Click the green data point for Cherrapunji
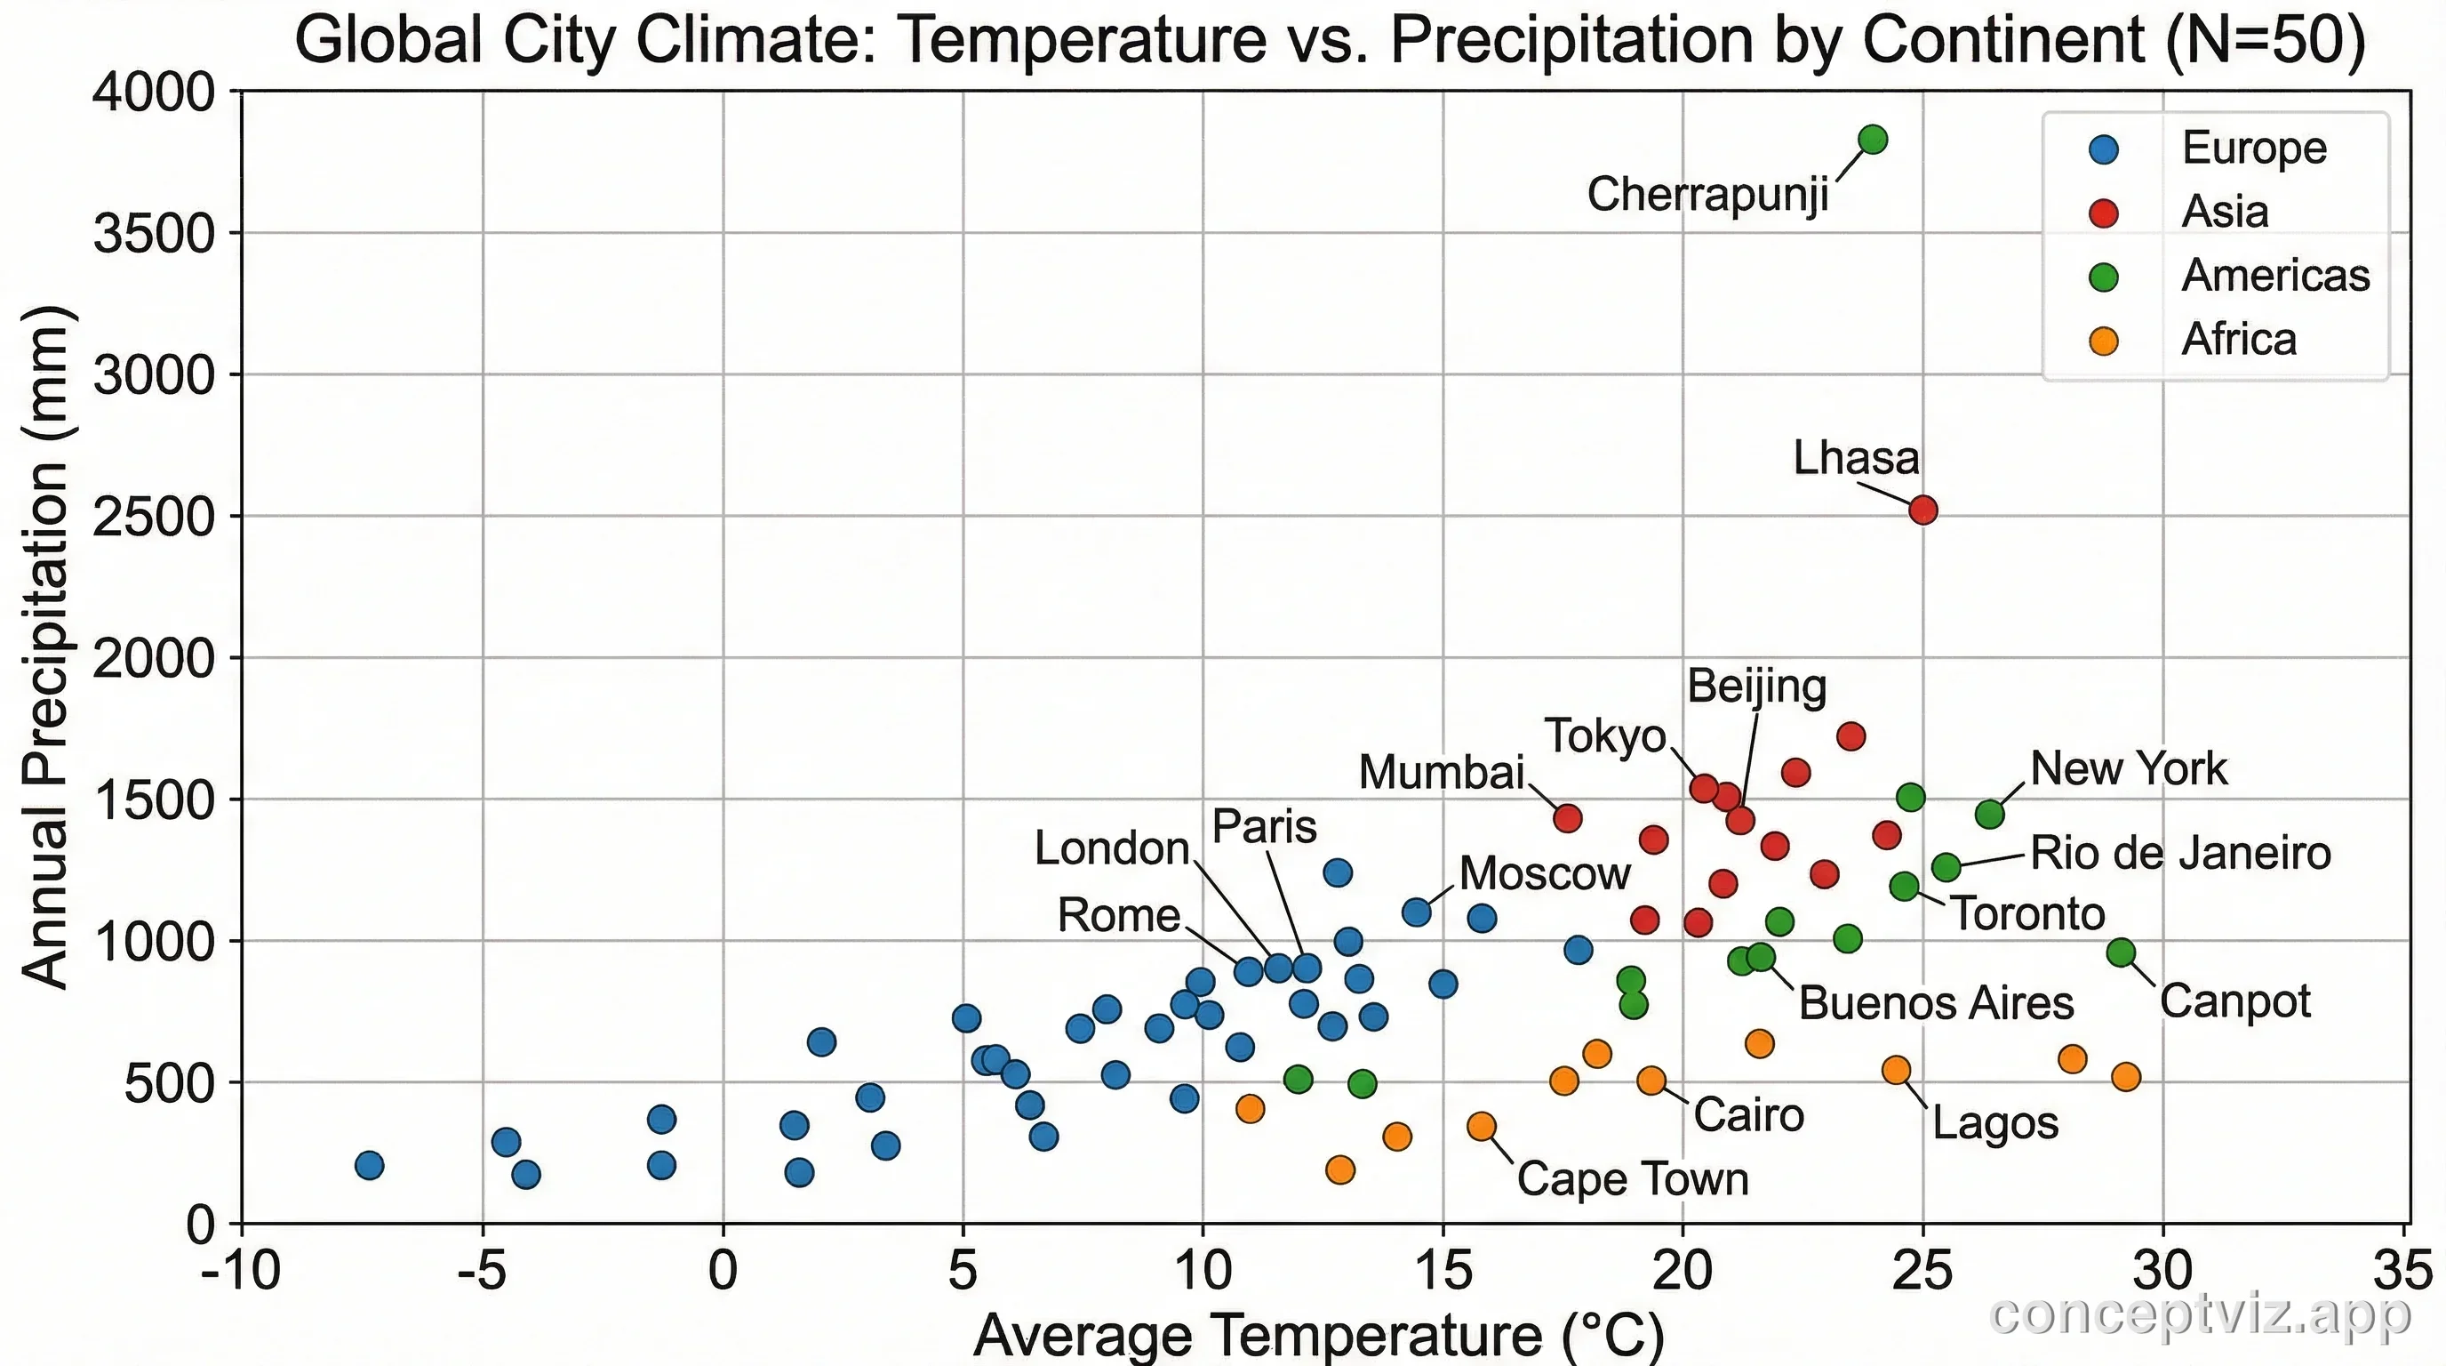1873,140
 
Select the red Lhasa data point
1922,510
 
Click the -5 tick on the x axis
483,1271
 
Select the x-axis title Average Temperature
1319,1336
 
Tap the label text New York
2128,768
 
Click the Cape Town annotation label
1632,1179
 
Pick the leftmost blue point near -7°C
370,1165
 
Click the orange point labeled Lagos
1896,1070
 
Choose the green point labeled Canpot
2121,952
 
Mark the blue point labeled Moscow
1416,912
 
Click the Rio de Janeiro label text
2180,853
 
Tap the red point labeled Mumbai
1568,817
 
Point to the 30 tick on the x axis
2164,1271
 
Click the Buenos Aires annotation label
1936,1003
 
